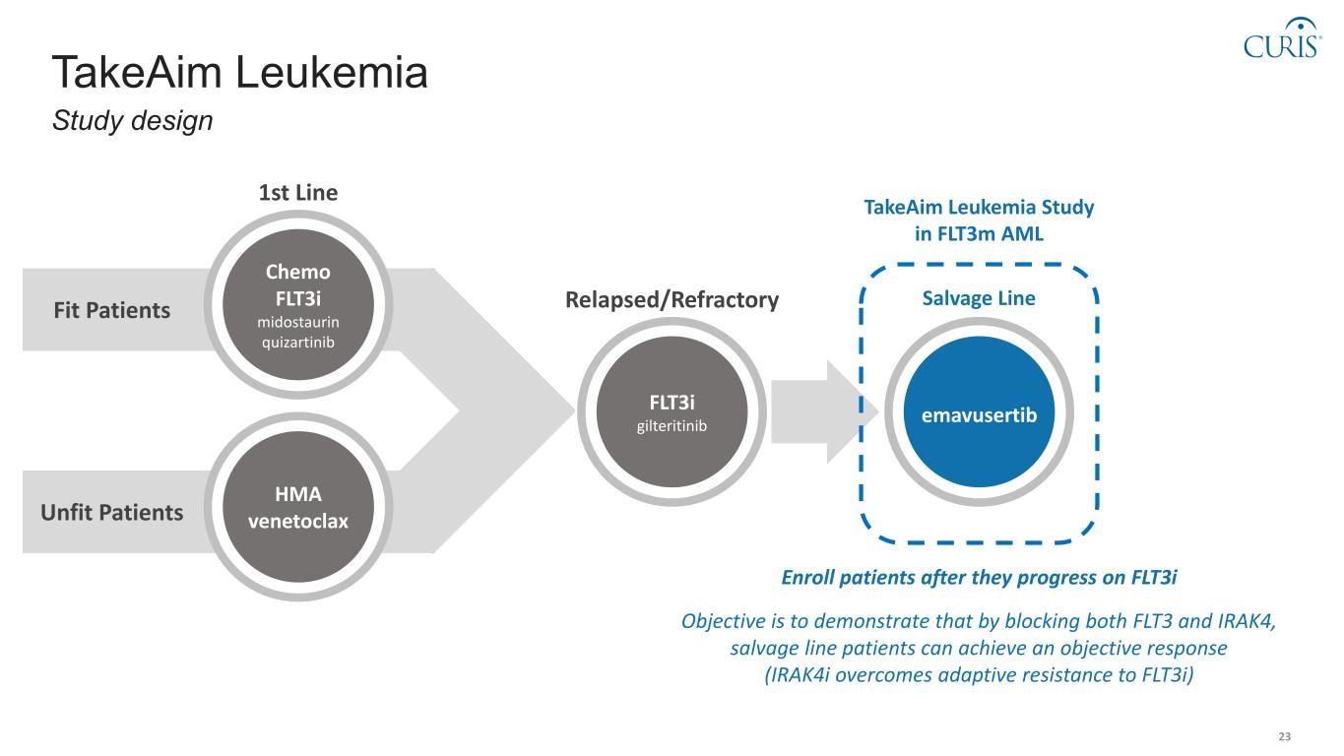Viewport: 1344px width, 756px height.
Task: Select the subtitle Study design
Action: (133, 121)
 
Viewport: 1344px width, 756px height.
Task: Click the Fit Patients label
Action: (111, 311)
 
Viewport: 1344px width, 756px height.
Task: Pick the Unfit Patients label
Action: (112, 513)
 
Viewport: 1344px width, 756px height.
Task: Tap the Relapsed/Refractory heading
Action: (672, 300)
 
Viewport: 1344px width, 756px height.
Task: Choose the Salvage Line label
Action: (978, 298)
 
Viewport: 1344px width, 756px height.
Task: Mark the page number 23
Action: (1284, 737)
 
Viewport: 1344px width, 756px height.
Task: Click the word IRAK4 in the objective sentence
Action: (1248, 622)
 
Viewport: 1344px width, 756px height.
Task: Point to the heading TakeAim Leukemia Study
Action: (979, 208)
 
